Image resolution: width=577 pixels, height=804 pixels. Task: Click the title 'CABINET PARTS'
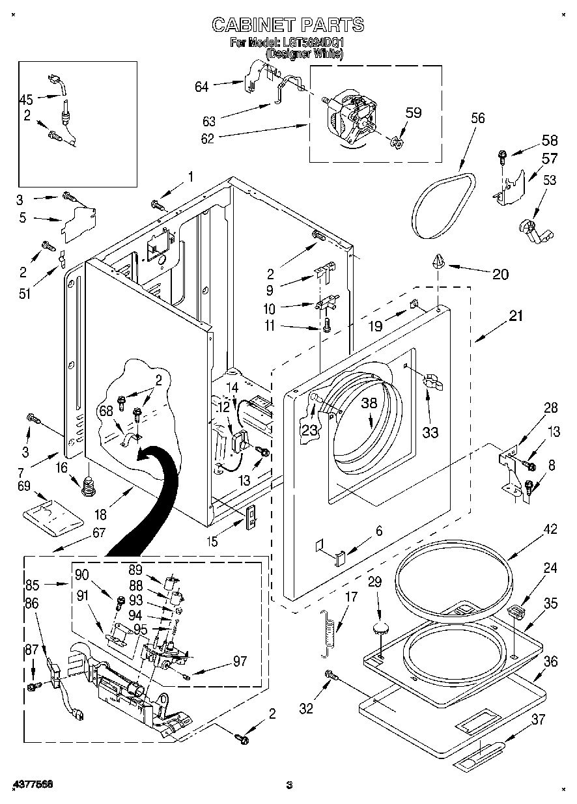(288, 25)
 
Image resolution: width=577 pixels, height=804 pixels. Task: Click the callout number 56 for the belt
(477, 118)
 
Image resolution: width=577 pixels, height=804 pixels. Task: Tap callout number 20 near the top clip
(500, 274)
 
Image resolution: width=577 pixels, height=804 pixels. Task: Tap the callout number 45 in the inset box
(26, 100)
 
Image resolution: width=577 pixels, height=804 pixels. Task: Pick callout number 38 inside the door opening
(369, 403)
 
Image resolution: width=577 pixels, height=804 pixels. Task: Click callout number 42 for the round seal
(550, 529)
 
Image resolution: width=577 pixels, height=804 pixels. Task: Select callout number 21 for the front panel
(516, 316)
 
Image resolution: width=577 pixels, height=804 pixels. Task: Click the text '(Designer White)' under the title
(304, 55)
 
